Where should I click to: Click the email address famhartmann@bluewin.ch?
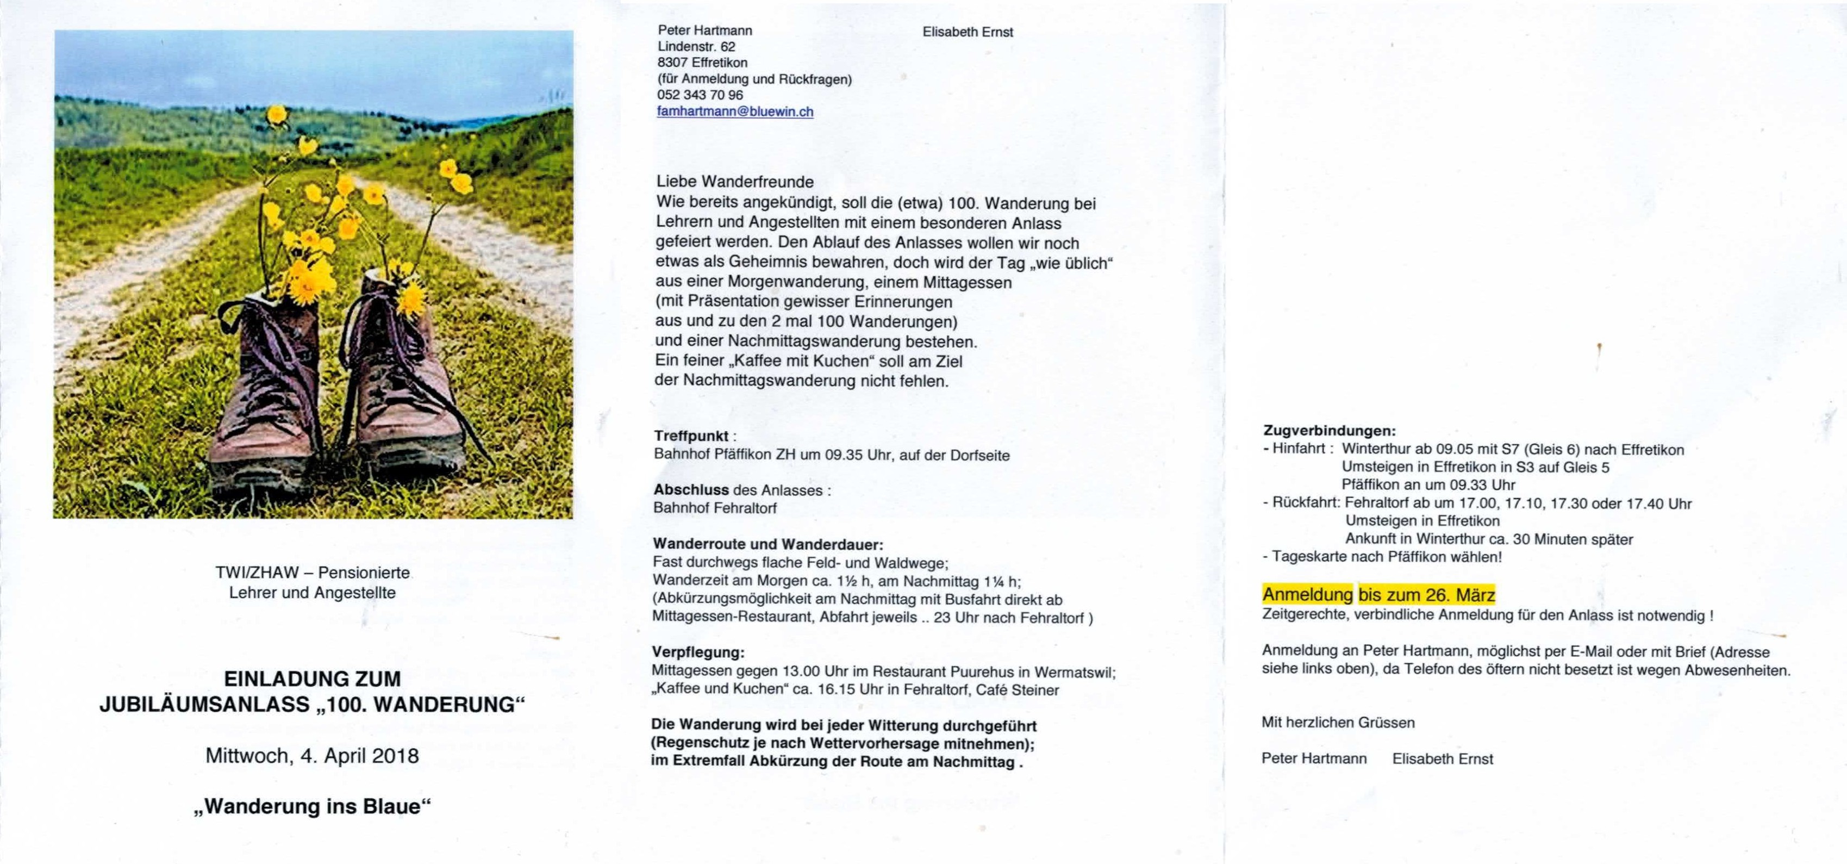click(x=735, y=112)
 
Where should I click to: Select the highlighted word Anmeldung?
click(x=1307, y=594)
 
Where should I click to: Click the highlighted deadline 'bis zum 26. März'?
click(x=1426, y=594)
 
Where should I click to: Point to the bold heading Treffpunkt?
click(x=690, y=436)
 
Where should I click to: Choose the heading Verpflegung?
click(x=697, y=652)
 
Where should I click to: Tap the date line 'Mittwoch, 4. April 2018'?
click(x=312, y=756)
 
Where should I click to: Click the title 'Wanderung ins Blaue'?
click(x=312, y=807)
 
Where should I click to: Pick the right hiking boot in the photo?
click(x=405, y=380)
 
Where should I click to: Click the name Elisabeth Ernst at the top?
click(x=967, y=32)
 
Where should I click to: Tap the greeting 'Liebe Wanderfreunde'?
click(x=734, y=182)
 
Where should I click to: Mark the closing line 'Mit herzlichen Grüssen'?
click(x=1338, y=723)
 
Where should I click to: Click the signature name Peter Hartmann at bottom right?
click(x=1314, y=759)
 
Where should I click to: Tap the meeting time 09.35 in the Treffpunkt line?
click(x=843, y=455)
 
